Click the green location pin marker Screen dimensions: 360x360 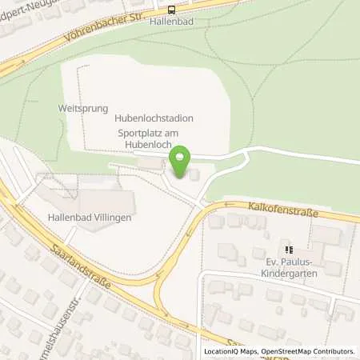(x=181, y=162)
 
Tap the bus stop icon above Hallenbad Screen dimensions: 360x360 (x=173, y=10)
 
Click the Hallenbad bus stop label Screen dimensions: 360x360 (x=173, y=22)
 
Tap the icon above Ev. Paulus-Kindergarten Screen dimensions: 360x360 (x=289, y=249)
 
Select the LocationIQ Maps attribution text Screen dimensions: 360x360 (x=227, y=351)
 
